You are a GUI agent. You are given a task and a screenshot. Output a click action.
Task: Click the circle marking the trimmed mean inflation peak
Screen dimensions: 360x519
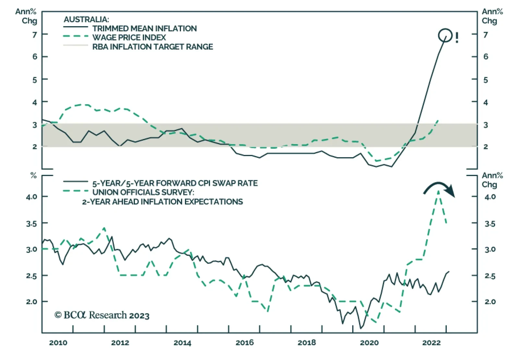pyautogui.click(x=445, y=35)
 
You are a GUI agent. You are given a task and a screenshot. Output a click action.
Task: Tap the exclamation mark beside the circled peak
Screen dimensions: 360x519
pyautogui.click(x=457, y=38)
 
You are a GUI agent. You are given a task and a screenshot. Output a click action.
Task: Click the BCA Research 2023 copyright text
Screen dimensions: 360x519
pyautogui.click(x=102, y=315)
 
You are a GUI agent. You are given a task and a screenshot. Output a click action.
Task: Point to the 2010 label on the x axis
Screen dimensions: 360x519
pyautogui.click(x=58, y=343)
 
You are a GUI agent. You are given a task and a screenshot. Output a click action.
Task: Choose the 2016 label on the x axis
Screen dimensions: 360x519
pyautogui.click(x=245, y=343)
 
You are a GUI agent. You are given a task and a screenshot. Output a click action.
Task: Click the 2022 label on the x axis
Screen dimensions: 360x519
pyautogui.click(x=431, y=343)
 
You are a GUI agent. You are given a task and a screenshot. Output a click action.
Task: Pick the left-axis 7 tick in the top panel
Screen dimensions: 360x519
pyautogui.click(x=34, y=34)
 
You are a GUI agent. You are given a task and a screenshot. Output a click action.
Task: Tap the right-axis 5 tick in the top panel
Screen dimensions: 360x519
pyautogui.click(x=486, y=80)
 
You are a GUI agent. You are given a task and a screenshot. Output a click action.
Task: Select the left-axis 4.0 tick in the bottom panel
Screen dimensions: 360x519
pyautogui.click(x=31, y=197)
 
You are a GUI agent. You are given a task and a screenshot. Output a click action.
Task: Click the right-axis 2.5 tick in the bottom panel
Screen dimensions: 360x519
pyautogui.click(x=490, y=276)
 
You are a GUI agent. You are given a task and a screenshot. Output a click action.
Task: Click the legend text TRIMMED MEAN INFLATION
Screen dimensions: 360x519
pyautogui.click(x=144, y=29)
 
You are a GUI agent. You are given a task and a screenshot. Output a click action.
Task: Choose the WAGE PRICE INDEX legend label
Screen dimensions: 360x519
pyautogui.click(x=129, y=38)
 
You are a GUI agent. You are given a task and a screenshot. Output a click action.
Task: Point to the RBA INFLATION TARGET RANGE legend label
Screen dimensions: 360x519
pyautogui.click(x=152, y=47)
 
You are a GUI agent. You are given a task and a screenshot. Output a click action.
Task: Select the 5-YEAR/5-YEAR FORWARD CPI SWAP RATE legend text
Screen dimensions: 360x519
pyautogui.click(x=175, y=183)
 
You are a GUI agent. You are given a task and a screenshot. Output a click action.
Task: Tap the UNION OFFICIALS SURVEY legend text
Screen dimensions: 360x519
pyautogui.click(x=143, y=192)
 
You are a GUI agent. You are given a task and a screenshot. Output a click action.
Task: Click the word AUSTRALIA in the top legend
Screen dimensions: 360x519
pyautogui.click(x=86, y=19)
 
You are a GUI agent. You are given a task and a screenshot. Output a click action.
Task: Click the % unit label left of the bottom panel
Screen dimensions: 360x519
pyautogui.click(x=33, y=176)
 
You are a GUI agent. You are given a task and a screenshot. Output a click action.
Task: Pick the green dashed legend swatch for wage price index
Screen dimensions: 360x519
pyautogui.click(x=76, y=37)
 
